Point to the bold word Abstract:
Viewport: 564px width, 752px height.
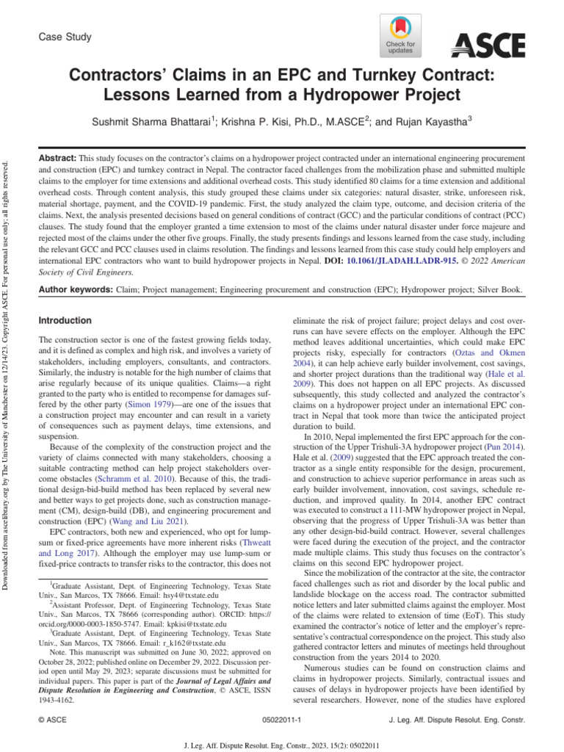click(57, 159)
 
